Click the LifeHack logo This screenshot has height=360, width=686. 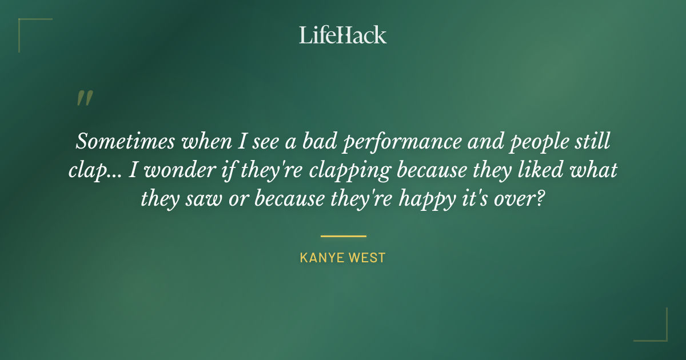[x=343, y=35]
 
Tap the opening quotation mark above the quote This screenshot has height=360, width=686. [x=84, y=98]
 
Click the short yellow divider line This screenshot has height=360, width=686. [x=343, y=235]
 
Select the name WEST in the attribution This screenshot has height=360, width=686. [x=368, y=258]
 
